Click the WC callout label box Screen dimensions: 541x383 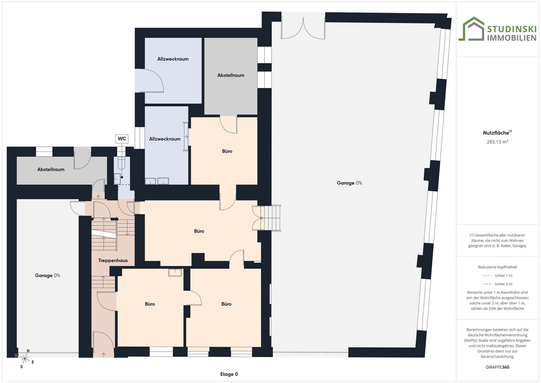click(122, 139)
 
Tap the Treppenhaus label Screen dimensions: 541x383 click(113, 261)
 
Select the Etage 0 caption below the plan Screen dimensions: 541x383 click(229, 374)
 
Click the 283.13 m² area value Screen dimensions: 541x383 click(497, 142)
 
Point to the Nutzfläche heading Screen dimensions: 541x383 click(497, 133)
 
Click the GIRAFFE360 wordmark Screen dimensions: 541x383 click(497, 367)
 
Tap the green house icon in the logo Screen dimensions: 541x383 click(471, 29)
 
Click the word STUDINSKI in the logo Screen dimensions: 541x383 click(512, 29)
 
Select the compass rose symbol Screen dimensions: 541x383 click(25, 359)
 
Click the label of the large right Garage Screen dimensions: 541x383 click(349, 183)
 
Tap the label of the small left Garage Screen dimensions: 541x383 click(48, 276)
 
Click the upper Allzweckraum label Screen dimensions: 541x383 click(173, 59)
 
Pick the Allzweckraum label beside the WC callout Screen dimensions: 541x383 click(165, 139)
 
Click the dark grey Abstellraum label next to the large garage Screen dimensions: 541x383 click(231, 75)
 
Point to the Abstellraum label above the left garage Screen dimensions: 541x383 click(51, 170)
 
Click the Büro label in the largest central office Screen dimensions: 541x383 click(199, 231)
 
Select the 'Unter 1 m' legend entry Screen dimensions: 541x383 click(497, 276)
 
